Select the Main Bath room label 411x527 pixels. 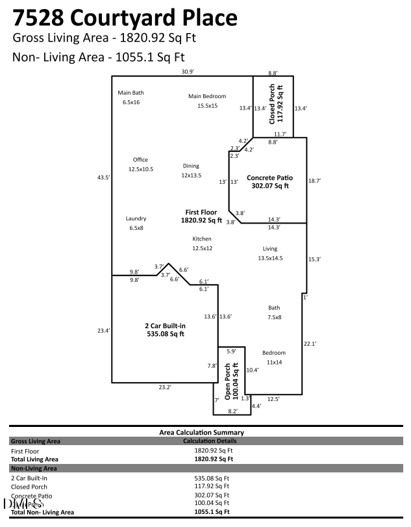pyautogui.click(x=131, y=93)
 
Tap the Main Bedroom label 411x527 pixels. pyautogui.click(x=207, y=96)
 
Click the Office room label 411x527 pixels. pyautogui.click(x=140, y=160)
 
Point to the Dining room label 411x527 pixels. pyautogui.click(x=191, y=166)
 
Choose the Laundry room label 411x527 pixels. pyautogui.click(x=136, y=219)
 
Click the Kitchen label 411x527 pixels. pyautogui.click(x=202, y=239)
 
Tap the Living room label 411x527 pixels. pyautogui.click(x=269, y=249)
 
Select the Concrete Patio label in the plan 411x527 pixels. pyautogui.click(x=269, y=177)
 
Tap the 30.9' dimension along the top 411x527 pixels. pyautogui.click(x=188, y=71)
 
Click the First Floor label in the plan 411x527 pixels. pyautogui.click(x=201, y=212)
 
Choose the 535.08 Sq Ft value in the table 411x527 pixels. pyautogui.click(x=213, y=478)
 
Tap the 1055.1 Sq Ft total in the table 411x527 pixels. pyautogui.click(x=213, y=512)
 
